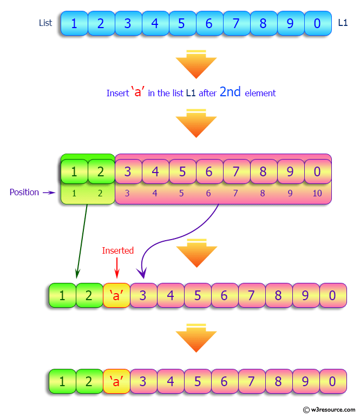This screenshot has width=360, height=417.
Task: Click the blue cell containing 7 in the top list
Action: pos(236,23)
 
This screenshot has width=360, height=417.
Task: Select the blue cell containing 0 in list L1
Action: pos(318,23)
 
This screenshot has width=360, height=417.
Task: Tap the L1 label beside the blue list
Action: pos(343,23)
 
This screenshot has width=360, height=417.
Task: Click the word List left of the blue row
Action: pos(45,23)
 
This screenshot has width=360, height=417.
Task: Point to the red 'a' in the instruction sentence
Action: pos(138,92)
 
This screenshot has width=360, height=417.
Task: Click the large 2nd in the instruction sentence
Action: pos(230,92)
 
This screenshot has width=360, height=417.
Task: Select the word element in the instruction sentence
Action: pos(260,94)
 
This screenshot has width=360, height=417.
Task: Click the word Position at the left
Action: pos(24,193)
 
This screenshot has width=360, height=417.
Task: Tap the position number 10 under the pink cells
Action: pos(317,193)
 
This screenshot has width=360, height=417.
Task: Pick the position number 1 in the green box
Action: pos(74,193)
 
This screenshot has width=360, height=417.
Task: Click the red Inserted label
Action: pos(117,250)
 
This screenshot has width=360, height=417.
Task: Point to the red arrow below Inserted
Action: pos(116,268)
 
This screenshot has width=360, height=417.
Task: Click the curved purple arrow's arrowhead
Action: pos(142,273)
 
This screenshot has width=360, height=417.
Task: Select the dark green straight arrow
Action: pos(82,241)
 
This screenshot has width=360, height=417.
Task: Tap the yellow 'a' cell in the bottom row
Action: pos(116,381)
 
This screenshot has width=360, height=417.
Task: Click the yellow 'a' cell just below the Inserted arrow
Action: pos(116,295)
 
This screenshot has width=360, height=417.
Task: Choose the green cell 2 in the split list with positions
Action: pos(101,171)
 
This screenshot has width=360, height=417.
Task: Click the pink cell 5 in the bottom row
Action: pos(198,381)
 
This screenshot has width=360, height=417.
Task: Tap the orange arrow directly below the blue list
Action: pos(197,64)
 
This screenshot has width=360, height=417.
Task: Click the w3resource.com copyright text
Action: pos(329,409)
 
